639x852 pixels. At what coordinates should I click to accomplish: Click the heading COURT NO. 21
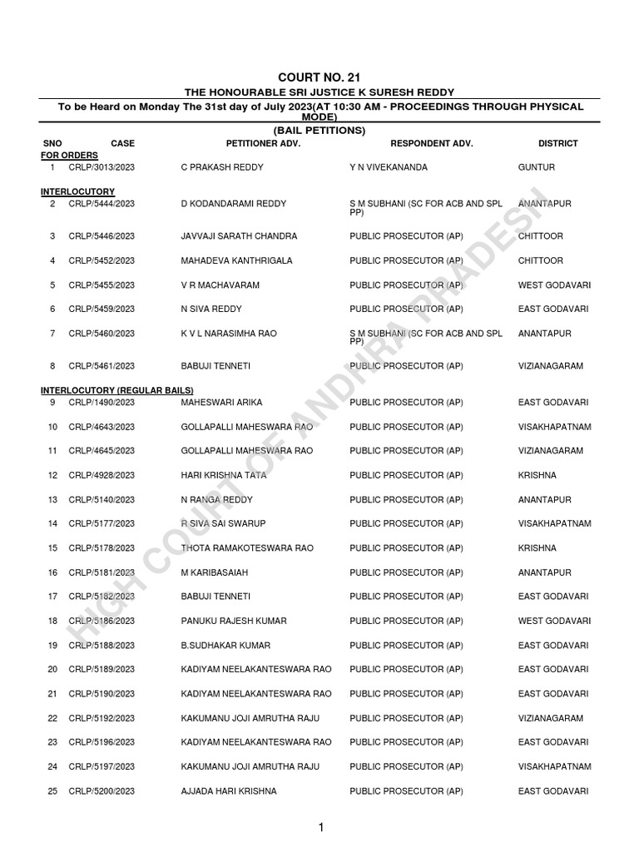click(319, 77)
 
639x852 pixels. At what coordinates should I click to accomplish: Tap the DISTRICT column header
click(557, 144)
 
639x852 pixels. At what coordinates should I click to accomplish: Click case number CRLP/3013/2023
click(102, 167)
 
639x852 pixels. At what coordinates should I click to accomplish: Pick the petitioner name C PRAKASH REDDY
click(222, 167)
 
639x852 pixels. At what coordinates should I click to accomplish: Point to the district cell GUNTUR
click(537, 167)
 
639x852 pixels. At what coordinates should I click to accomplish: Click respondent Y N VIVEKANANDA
click(389, 167)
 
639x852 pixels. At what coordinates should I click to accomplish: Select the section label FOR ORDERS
click(70, 156)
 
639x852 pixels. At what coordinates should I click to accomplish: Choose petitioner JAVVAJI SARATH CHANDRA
click(239, 236)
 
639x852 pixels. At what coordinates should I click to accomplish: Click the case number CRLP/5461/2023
click(102, 366)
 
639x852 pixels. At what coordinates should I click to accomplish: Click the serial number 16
click(52, 572)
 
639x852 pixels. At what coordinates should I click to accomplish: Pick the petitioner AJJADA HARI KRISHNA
click(229, 791)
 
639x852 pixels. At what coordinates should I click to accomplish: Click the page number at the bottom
click(320, 827)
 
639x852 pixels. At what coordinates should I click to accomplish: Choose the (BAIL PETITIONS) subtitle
click(319, 131)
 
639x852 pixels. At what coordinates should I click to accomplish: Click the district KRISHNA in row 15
click(537, 548)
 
